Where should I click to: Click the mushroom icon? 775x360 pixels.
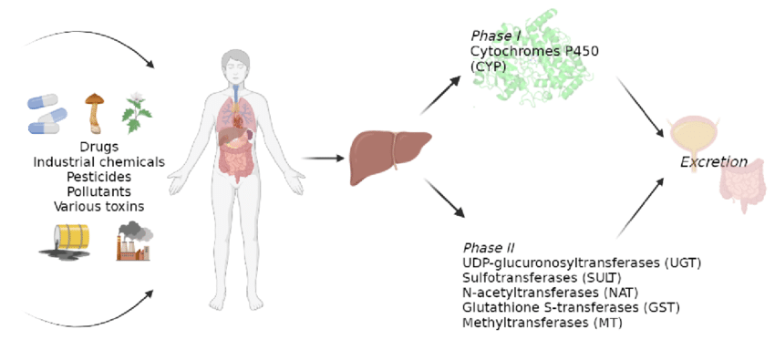point(93,112)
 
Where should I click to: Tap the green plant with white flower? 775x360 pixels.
point(136,113)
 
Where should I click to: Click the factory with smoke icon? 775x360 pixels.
point(134,242)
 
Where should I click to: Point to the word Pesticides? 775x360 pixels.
point(98,177)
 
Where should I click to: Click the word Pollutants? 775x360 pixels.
point(98,191)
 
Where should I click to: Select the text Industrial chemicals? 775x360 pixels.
point(98,162)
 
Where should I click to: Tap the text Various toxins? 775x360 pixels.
point(98,207)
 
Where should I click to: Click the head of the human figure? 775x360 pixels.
point(235,66)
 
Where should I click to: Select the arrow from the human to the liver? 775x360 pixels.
point(323,159)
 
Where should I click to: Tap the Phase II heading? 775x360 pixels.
point(489,248)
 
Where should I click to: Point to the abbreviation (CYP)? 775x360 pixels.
point(488,67)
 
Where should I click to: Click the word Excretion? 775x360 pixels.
point(713,162)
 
